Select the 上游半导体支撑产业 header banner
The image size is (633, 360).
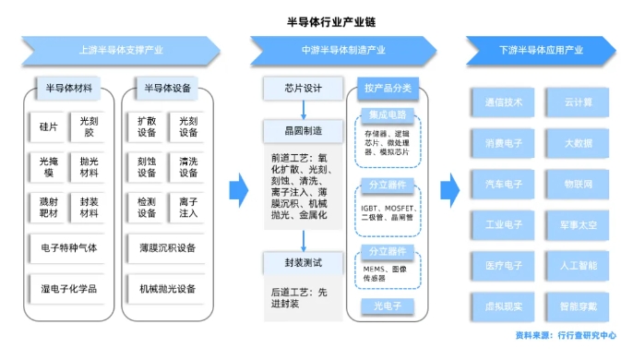pyautogui.click(x=122, y=50)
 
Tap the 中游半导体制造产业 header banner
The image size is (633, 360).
pyautogui.click(x=342, y=50)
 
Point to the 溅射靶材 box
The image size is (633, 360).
pyautogui.click(x=48, y=207)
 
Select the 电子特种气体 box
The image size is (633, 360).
pyautogui.click(x=68, y=247)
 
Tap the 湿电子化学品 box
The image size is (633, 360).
pyautogui.click(x=68, y=288)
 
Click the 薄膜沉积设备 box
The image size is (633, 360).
pyautogui.click(x=167, y=247)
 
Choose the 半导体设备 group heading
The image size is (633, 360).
pyautogui.click(x=167, y=90)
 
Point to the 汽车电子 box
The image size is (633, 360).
pyautogui.click(x=504, y=183)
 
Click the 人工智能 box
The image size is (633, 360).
pyautogui.click(x=579, y=265)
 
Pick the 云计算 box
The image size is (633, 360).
pyautogui.click(x=579, y=102)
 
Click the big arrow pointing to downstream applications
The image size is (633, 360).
pyautogui.click(x=449, y=190)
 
